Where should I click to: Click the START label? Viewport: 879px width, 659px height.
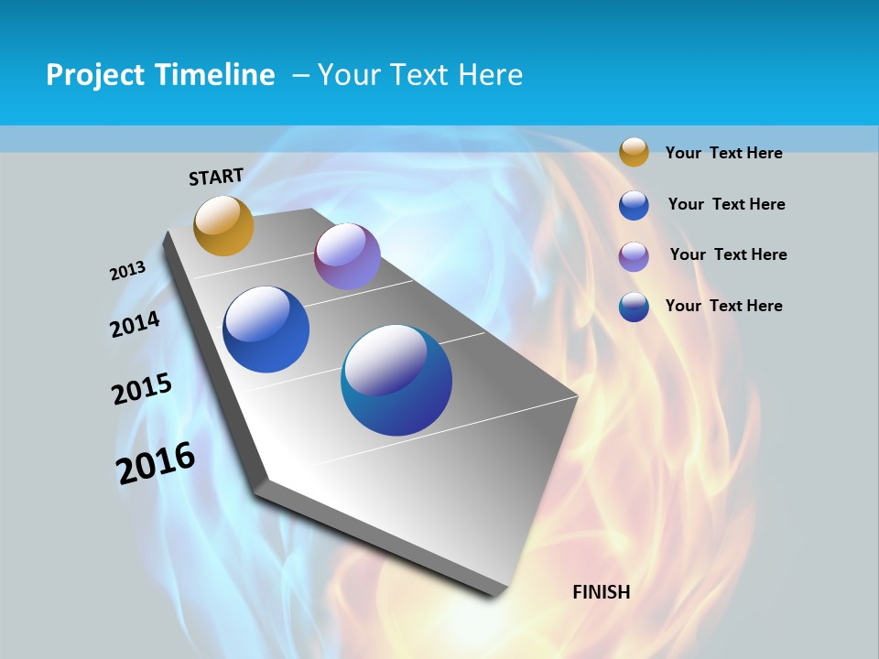click(x=216, y=177)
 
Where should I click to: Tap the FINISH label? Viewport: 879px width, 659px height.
click(x=602, y=592)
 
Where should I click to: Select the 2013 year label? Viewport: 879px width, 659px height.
click(x=127, y=271)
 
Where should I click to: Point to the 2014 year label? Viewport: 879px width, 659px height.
click(x=135, y=325)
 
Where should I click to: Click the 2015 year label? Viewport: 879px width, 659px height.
click(x=142, y=389)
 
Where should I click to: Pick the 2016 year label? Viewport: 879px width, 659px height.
click(x=156, y=463)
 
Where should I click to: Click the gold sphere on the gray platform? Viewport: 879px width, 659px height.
click(x=223, y=225)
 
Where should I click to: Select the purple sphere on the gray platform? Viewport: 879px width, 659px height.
click(x=347, y=256)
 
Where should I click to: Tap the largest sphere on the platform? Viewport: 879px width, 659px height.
click(x=396, y=380)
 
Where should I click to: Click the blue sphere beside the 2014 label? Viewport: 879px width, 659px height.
click(x=266, y=329)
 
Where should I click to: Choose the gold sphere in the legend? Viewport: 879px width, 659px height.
click(x=634, y=152)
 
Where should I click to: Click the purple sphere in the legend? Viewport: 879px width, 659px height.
click(x=634, y=255)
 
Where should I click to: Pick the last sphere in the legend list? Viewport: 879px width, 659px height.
click(x=634, y=307)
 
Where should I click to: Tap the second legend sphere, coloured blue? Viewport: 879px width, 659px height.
click(x=634, y=205)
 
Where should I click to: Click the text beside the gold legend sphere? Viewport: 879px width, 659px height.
click(x=723, y=153)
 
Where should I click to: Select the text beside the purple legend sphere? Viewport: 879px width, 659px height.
click(x=728, y=254)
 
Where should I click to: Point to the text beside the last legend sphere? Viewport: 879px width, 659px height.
click(x=723, y=306)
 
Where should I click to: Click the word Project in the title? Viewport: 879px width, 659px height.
click(x=95, y=75)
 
